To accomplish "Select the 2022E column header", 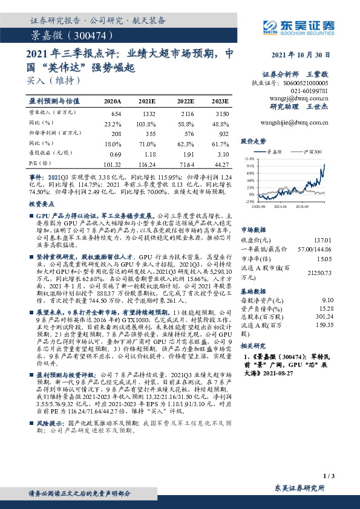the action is (186, 101).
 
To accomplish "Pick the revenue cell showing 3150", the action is (222, 114).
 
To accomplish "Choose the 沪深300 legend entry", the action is (312, 152).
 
